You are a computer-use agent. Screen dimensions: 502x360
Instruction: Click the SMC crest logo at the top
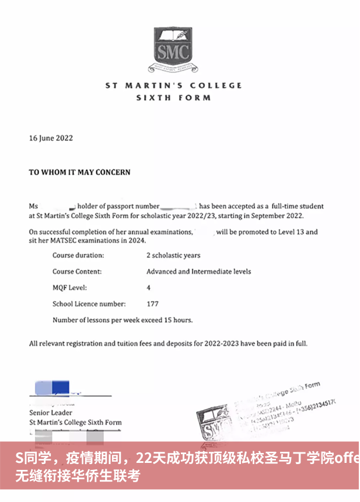[x=173, y=48]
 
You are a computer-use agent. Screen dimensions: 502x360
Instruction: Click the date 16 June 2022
[x=51, y=138]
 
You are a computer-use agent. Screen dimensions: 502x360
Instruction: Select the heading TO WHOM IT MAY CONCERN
[x=80, y=172]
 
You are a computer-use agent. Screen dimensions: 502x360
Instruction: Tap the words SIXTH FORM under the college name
[x=173, y=97]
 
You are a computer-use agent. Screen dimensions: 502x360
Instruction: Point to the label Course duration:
[x=78, y=256]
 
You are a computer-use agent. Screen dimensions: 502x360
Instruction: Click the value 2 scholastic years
[x=173, y=256]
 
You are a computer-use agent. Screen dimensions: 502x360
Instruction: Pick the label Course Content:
[x=77, y=271]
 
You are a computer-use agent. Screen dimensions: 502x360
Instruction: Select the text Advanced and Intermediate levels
[x=198, y=271]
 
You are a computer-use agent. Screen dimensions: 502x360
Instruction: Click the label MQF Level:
[x=69, y=288]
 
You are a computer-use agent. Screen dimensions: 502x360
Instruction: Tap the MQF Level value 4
[x=149, y=288]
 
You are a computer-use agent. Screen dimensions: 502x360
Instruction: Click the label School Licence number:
[x=89, y=304]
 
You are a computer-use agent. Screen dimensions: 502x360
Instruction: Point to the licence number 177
[x=152, y=304]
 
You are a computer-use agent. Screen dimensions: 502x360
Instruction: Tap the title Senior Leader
[x=51, y=413]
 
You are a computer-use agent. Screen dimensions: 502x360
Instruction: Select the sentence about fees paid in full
[x=168, y=343]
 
